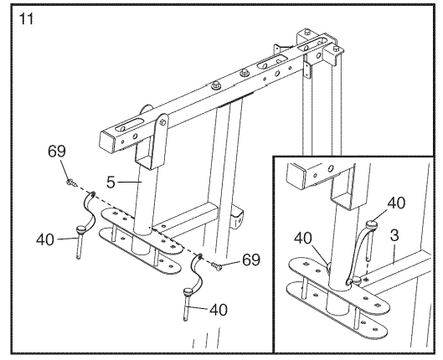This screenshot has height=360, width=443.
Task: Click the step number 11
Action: pyautogui.click(x=26, y=19)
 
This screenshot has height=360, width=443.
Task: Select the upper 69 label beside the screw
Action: pyautogui.click(x=56, y=151)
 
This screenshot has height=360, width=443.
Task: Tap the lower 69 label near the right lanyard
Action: pyautogui.click(x=251, y=260)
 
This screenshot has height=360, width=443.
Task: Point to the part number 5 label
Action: pyautogui.click(x=111, y=182)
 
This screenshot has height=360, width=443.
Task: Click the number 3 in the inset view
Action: pyautogui.click(x=394, y=236)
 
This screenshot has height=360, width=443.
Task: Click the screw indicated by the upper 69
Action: pyautogui.click(x=71, y=183)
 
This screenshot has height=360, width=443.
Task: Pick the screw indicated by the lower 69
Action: pyautogui.click(x=216, y=265)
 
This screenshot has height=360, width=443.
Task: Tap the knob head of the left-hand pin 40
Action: pyautogui.click(x=80, y=229)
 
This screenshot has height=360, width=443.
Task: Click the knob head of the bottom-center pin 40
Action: pyautogui.click(x=188, y=291)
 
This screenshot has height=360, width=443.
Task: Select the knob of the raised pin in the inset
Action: pyautogui.click(x=372, y=225)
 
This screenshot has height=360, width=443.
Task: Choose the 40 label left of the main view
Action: pyautogui.click(x=45, y=240)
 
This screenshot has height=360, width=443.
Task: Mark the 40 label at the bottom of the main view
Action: pyautogui.click(x=219, y=310)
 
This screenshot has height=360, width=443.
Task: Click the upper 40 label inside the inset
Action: pyautogui.click(x=396, y=203)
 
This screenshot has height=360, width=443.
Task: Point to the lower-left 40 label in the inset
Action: pyautogui.click(x=303, y=239)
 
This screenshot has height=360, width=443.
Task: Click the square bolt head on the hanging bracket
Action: pyautogui.click(x=162, y=122)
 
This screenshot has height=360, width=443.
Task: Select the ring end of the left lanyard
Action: pyautogui.click(x=92, y=194)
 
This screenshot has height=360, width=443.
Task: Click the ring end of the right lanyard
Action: pyautogui.click(x=200, y=257)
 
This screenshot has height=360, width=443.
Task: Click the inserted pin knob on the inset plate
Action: pyautogui.click(x=356, y=280)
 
